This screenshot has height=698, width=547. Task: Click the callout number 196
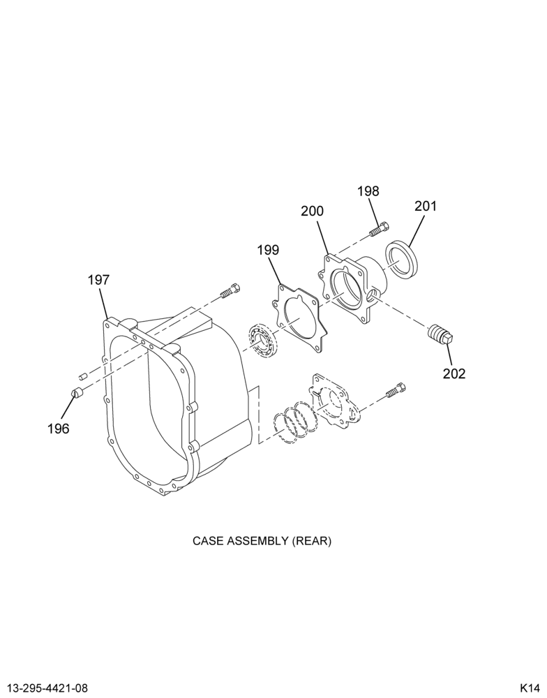click(x=59, y=429)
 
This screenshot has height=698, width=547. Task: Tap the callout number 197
click(x=98, y=280)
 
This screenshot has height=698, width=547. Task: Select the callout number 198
click(x=368, y=191)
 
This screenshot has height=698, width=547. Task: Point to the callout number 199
click(x=268, y=250)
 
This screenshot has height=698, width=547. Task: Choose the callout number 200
click(x=312, y=211)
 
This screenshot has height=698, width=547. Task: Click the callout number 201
click(x=426, y=206)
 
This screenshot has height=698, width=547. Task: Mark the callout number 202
click(x=454, y=373)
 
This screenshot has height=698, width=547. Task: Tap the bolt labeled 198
click(x=379, y=230)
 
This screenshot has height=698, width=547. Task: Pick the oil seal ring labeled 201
click(x=402, y=260)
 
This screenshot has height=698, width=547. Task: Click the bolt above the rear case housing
click(x=230, y=290)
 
